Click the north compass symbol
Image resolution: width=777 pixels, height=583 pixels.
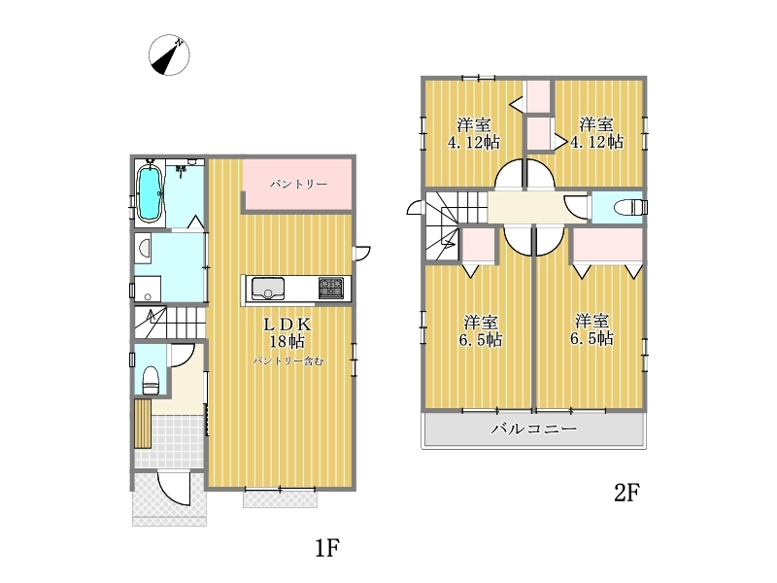[x=169, y=55]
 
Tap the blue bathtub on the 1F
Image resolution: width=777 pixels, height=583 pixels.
[x=150, y=193]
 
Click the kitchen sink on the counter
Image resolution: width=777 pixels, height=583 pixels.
[x=268, y=289]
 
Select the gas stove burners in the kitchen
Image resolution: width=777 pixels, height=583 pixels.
[x=330, y=288]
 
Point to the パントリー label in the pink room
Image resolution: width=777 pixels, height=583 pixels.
[x=298, y=185]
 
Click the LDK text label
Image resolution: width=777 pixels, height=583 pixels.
[x=287, y=325]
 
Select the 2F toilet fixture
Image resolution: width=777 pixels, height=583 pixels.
[x=629, y=207]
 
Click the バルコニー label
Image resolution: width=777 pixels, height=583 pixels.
[x=533, y=429]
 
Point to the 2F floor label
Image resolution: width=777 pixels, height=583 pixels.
[x=626, y=493]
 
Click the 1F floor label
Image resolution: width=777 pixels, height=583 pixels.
[x=327, y=548]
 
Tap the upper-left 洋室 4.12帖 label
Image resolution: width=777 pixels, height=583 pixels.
[x=474, y=133]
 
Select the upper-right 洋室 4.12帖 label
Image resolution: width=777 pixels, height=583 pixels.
[x=596, y=133]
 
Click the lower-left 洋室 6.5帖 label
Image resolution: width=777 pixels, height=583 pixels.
[x=480, y=330]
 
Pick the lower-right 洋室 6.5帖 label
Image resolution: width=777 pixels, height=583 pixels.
[x=591, y=329]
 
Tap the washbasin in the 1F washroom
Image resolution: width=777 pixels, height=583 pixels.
[x=143, y=247]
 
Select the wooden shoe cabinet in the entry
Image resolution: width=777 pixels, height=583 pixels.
[x=143, y=424]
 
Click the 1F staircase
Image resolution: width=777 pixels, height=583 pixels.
[x=169, y=323]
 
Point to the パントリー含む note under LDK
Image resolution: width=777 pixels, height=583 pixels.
[x=288, y=361]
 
